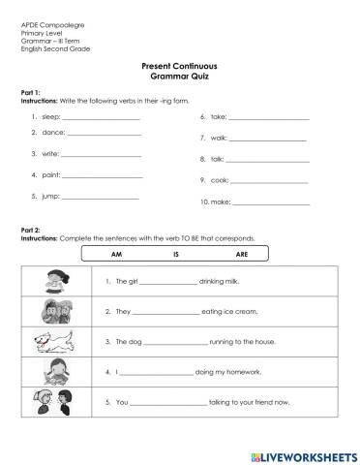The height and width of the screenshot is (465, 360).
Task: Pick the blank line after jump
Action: [x=101, y=197]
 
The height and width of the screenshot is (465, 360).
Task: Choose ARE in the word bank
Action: [x=242, y=254]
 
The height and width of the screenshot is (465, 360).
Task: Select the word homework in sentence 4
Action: [x=247, y=372]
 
